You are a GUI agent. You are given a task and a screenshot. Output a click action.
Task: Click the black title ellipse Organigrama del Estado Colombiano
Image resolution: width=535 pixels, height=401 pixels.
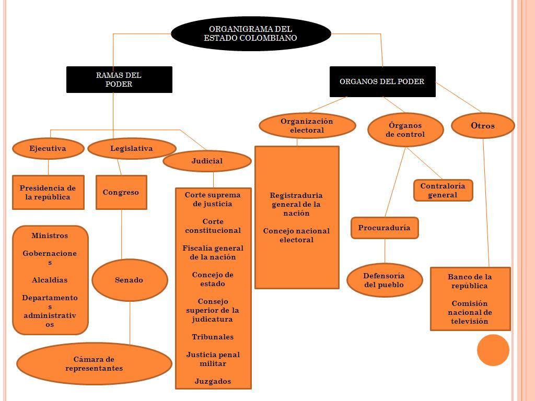251,33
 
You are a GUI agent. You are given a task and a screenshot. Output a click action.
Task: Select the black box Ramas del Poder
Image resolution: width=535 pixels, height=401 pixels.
119,79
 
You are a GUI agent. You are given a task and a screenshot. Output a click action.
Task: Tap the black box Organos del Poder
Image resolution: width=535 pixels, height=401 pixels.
382,81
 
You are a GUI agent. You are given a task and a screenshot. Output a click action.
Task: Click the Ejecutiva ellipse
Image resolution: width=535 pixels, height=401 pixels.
48,148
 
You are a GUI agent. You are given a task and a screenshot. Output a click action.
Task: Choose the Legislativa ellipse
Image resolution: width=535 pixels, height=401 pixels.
132,148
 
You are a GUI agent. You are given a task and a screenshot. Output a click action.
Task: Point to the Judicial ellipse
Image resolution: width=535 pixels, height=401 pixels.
207,161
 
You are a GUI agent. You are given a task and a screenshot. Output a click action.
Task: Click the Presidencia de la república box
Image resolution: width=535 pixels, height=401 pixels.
48,192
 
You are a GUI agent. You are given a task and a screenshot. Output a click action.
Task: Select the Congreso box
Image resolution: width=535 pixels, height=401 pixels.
121,192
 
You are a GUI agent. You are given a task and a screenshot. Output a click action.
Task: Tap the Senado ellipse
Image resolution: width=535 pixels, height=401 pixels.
130,280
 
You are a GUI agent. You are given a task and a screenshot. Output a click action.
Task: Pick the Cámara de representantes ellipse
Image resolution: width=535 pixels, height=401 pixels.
94,363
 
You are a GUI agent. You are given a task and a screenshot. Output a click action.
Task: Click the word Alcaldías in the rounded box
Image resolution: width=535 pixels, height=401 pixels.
50,280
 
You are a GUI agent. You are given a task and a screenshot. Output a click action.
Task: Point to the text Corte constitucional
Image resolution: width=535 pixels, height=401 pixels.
213,226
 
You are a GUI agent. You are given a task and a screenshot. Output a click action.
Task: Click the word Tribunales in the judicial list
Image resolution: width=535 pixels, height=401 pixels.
213,337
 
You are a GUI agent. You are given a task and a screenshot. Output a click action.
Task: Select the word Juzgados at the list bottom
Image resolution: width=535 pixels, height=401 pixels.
213,381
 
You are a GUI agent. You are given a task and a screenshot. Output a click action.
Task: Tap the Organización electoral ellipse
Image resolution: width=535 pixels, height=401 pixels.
307,126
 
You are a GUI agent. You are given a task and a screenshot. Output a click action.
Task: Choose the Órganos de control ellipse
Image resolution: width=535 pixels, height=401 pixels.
405,129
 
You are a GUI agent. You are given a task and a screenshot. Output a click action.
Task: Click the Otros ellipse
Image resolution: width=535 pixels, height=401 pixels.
483,126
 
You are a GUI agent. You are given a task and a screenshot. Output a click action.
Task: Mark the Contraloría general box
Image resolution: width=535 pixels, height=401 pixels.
443,191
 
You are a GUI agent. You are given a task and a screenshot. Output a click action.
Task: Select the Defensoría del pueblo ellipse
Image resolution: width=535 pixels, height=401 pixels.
385,280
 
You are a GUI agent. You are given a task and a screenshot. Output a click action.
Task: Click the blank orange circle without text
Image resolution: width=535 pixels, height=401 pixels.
493,350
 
